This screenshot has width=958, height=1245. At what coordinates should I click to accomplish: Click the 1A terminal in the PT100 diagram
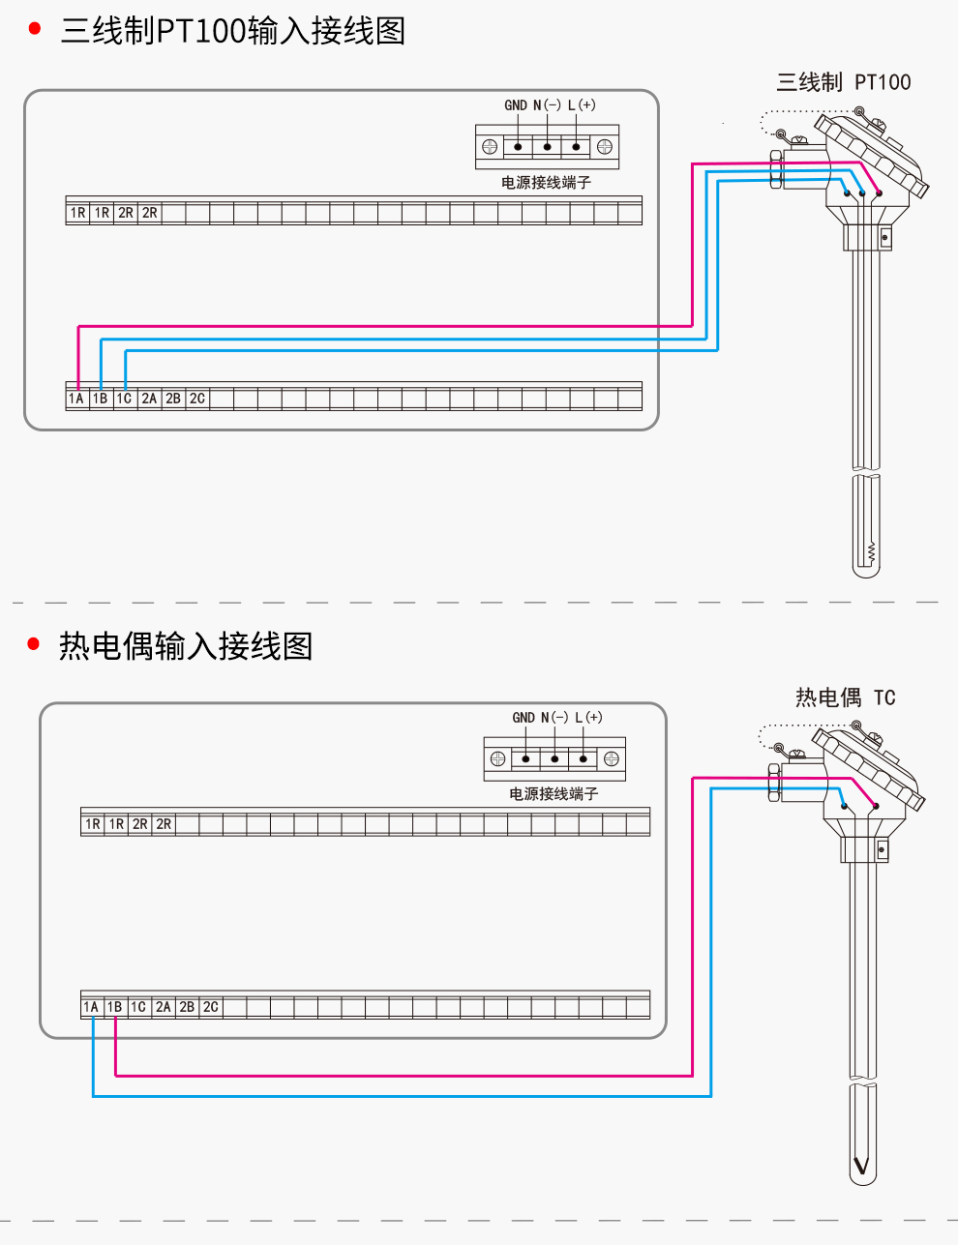[x=77, y=399]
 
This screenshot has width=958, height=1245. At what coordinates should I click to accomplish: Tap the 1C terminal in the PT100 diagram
[x=125, y=399]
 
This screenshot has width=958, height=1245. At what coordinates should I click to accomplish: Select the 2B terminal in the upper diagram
[x=173, y=399]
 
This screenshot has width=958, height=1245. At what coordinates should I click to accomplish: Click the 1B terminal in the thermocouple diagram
[x=115, y=1007]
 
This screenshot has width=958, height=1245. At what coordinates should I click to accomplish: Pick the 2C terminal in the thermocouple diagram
[x=211, y=1007]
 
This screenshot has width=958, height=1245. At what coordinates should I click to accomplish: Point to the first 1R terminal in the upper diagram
[x=77, y=213]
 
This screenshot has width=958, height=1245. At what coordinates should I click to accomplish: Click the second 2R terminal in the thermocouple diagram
[x=164, y=824]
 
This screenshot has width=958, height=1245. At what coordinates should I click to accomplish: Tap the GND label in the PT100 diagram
[x=516, y=105]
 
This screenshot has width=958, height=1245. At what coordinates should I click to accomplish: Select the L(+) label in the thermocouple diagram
[x=588, y=718]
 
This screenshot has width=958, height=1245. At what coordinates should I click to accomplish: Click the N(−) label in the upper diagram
[x=547, y=105]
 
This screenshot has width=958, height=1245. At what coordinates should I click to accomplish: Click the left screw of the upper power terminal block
[x=490, y=147]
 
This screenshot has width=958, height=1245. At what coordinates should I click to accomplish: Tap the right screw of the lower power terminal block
[x=612, y=759]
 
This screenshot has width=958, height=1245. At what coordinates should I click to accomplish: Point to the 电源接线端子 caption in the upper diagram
[x=546, y=183]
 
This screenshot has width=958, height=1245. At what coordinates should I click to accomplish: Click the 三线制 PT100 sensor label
[x=844, y=82]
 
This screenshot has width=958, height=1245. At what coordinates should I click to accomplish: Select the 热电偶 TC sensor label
[x=846, y=697]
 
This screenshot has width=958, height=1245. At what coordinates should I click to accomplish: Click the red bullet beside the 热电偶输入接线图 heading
[x=33, y=644]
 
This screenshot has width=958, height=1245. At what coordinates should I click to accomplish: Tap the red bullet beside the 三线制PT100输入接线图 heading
[x=35, y=28]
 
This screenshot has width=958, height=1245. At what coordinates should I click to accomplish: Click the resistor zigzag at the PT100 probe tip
[x=872, y=551]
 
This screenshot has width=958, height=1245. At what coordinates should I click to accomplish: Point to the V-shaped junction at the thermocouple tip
[x=862, y=1165]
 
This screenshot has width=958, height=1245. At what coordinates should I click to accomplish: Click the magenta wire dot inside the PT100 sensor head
[x=879, y=193]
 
